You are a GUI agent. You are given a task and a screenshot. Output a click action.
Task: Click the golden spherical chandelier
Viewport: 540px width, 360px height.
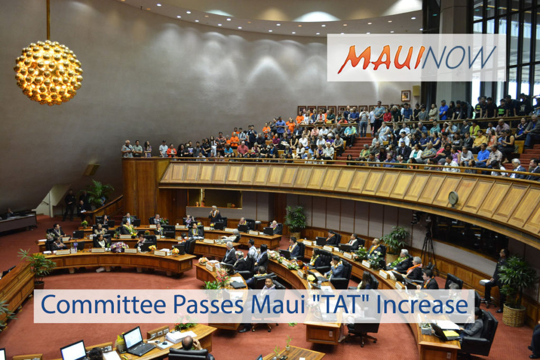[48, 72]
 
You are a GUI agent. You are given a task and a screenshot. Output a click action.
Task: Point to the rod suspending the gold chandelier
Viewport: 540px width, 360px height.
[48, 20]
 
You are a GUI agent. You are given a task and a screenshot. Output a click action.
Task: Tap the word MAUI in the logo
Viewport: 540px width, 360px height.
[381, 58]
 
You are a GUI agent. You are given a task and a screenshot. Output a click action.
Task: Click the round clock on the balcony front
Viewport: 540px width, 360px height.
[452, 198]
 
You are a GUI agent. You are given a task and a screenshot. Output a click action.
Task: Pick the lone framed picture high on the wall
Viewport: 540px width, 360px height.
[405, 95]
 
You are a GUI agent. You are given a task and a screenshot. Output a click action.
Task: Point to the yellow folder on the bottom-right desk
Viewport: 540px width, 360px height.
[450, 334]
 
